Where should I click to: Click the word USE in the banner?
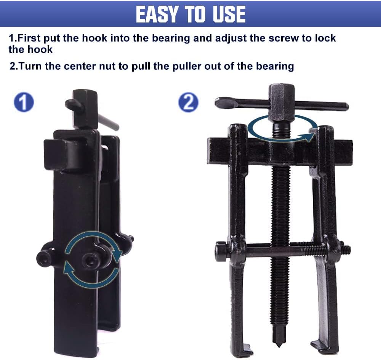229,14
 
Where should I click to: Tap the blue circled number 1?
24,102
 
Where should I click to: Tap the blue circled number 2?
189,102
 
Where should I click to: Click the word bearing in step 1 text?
171,38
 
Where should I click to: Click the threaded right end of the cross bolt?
346,249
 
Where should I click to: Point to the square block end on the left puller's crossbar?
54,154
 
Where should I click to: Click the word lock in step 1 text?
325,38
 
